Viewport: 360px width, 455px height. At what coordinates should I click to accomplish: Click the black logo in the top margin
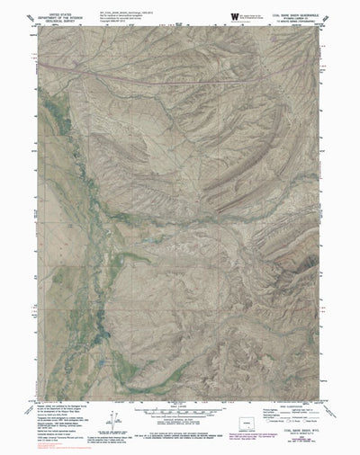coord(235,15)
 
